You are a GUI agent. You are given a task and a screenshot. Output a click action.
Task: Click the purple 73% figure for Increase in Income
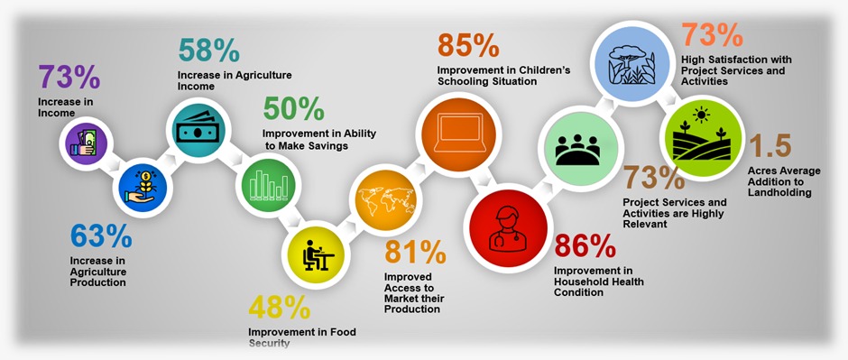(x=69, y=77)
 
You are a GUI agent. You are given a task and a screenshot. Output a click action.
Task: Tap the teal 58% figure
(x=208, y=51)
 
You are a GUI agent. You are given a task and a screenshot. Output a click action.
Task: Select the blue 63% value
(x=101, y=236)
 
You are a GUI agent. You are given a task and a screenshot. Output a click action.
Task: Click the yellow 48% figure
(x=280, y=308)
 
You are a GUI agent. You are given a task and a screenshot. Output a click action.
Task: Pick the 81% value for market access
(x=415, y=252)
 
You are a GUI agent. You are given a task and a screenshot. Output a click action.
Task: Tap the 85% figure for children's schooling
(x=468, y=45)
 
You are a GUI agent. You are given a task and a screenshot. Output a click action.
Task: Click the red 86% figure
(x=585, y=246)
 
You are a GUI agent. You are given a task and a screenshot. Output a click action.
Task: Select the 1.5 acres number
(x=770, y=146)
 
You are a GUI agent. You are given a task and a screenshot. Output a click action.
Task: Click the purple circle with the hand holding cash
(x=83, y=143)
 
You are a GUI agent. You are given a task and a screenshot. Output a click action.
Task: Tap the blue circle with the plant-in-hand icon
(x=143, y=188)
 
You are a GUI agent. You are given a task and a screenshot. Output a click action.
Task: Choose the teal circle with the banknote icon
(x=198, y=130)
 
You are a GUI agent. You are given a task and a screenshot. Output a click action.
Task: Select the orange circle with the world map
(x=385, y=199)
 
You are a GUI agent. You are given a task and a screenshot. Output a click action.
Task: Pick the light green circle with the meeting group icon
(x=577, y=149)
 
